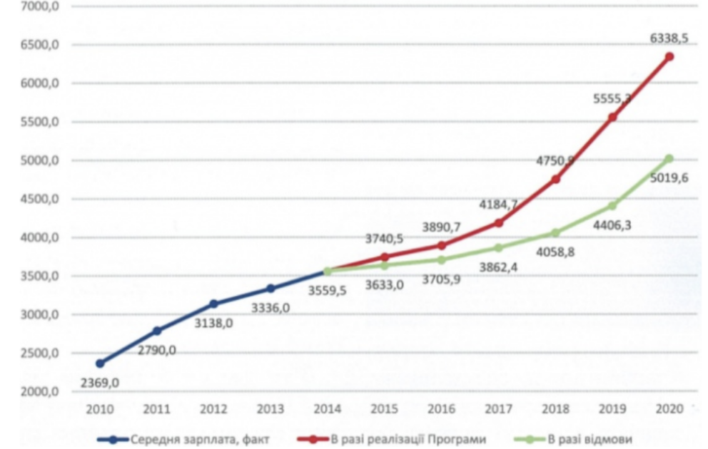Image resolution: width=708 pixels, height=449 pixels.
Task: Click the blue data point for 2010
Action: click(100, 363)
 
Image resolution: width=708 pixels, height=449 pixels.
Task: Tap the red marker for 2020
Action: click(669, 56)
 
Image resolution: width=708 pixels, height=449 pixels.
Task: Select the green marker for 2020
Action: click(669, 158)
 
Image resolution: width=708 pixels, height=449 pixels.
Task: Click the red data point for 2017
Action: click(499, 223)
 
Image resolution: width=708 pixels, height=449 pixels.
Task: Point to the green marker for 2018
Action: click(555, 233)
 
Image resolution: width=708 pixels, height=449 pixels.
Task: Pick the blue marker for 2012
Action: click(213, 304)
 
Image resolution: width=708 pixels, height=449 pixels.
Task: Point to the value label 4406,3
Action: click(612, 225)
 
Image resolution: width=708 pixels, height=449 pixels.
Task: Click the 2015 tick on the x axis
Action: click(384, 410)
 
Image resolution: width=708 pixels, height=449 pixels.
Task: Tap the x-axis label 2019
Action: click(612, 410)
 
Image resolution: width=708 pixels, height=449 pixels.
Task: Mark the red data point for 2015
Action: click(385, 257)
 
